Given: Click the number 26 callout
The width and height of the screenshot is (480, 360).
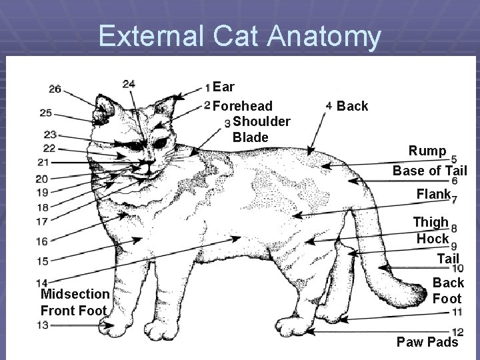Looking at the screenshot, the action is click(x=55, y=89).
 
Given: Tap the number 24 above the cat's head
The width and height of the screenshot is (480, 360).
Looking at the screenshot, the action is click(x=129, y=83).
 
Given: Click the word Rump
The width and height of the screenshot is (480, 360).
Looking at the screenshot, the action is click(x=428, y=151).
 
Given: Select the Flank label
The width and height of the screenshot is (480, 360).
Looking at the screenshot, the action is click(x=433, y=195).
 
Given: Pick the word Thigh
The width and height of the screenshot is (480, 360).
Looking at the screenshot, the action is click(x=431, y=222).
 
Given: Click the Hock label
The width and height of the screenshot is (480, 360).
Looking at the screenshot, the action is click(x=433, y=238).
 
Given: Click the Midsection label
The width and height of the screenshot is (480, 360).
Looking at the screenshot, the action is click(x=75, y=294).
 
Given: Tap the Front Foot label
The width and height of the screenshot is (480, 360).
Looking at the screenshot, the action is click(x=73, y=310).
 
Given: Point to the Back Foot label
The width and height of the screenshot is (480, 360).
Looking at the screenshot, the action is click(x=448, y=291).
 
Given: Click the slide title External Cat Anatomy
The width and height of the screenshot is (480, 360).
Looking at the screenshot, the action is click(x=239, y=36).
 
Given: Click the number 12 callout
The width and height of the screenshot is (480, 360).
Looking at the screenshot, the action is click(x=457, y=332).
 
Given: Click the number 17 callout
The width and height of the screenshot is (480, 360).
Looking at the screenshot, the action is click(x=42, y=221).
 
